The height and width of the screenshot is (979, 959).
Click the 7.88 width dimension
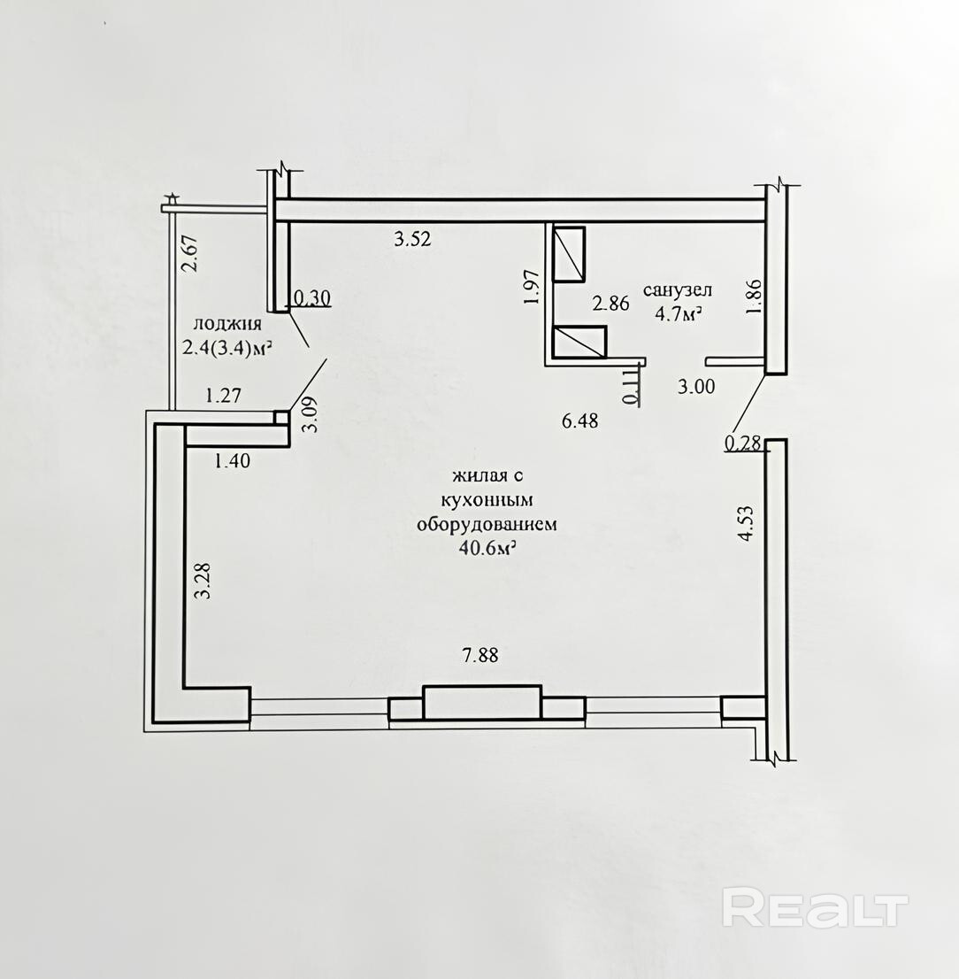coord(479,656)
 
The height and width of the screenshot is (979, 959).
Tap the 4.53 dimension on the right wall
coord(747,523)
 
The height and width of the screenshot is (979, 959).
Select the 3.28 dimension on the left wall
coord(203,582)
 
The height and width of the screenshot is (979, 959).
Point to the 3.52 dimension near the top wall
coord(412,238)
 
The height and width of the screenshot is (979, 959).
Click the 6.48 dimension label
coord(579,420)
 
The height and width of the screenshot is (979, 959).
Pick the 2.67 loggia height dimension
coord(189,253)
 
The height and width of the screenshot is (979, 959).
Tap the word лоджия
coord(227,324)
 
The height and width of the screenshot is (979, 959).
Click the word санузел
coord(678,290)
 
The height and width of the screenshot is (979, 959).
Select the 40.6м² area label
coord(487,548)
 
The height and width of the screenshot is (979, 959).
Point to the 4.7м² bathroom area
coord(678,314)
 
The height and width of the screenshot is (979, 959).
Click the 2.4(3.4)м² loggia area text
coord(228,347)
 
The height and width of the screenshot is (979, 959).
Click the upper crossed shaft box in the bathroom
coord(569,254)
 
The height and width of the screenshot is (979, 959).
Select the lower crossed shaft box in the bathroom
coord(579,343)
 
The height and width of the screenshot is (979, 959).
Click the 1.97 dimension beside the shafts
coord(531,287)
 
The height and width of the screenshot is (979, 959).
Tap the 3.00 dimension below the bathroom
coord(696,387)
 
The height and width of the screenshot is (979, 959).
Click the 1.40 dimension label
coord(232,461)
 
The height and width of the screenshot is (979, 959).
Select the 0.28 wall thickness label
coord(743,443)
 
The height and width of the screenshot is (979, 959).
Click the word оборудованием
coord(487,524)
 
